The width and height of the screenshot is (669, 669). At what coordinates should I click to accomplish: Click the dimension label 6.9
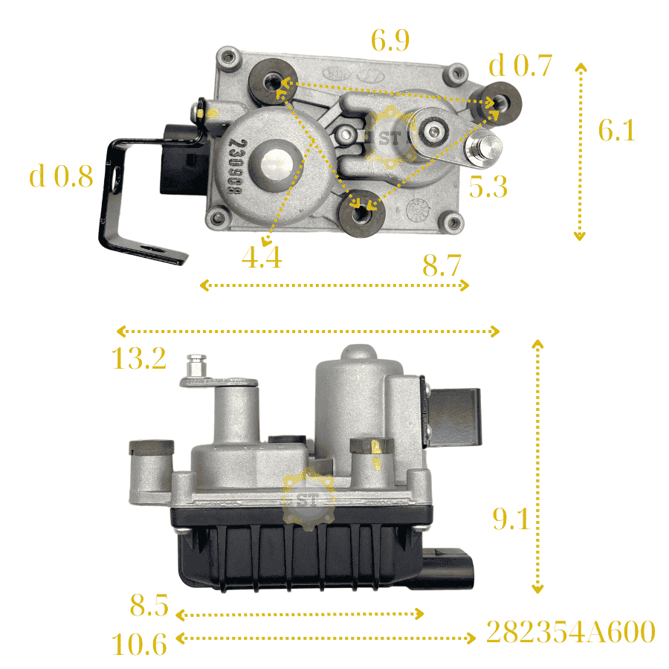pos(390,41)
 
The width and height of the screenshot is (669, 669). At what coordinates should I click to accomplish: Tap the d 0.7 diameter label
pos(520,65)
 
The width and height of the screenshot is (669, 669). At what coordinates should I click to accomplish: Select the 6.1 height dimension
pos(617,129)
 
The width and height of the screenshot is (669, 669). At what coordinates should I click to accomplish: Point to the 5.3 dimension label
pos(488,187)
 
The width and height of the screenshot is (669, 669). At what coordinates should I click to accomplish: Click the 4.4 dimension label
pos(262,257)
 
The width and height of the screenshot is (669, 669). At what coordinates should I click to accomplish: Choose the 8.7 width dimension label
pos(442,265)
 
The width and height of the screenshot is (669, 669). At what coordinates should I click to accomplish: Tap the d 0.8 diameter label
pos(61,175)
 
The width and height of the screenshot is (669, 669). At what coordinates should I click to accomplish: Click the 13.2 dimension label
pos(139,358)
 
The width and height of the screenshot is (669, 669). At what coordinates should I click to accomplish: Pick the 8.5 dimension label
pos(149,604)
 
